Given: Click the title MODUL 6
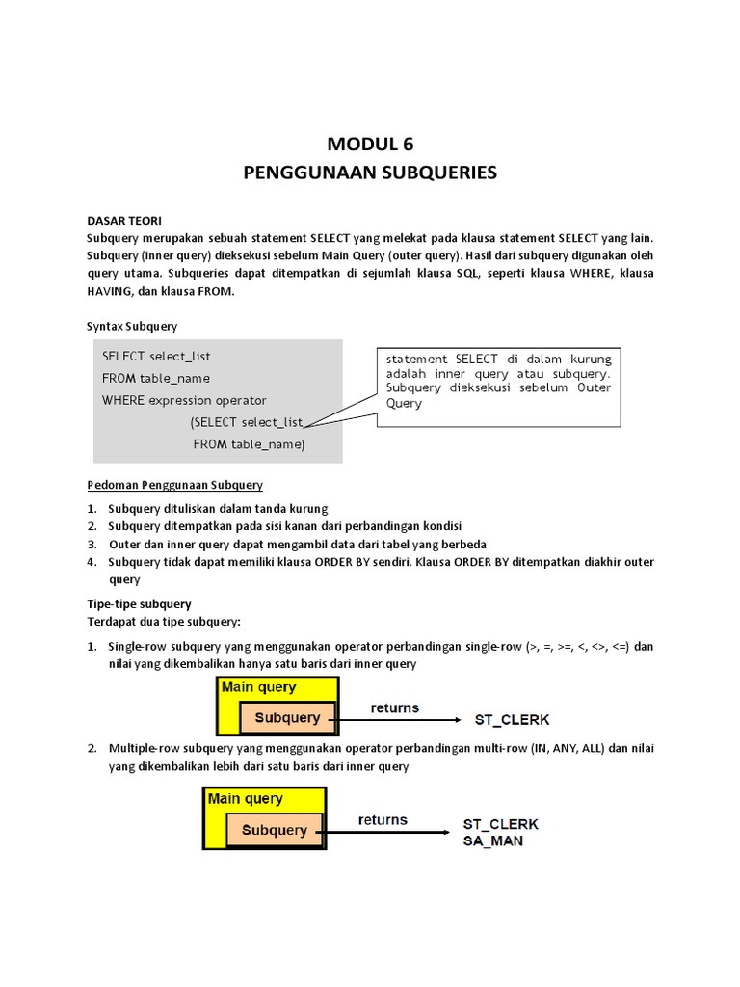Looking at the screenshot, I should (x=370, y=145).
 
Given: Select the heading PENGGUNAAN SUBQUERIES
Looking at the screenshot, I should (x=370, y=173).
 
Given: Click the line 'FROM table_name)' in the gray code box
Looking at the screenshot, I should (x=249, y=444).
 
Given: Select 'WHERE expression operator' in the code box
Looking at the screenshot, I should (x=184, y=400).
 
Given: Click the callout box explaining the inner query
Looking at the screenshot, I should (x=499, y=382).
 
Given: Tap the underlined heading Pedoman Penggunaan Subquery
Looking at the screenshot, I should (x=174, y=484).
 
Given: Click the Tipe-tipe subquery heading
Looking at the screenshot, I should (x=139, y=604).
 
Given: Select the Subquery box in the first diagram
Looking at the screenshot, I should (x=287, y=718).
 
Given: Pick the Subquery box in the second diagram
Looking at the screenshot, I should (x=275, y=830).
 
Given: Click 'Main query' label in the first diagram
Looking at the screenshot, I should (x=259, y=687).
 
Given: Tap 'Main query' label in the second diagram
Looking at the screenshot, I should (x=245, y=799).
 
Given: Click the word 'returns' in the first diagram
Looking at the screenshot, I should (x=395, y=707).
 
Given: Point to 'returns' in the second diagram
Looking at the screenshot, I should (x=383, y=820).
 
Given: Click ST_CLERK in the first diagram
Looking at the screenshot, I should (x=513, y=719).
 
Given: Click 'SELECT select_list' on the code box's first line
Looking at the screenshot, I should (x=156, y=356).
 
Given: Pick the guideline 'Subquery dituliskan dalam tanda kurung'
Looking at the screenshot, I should (x=218, y=508).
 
